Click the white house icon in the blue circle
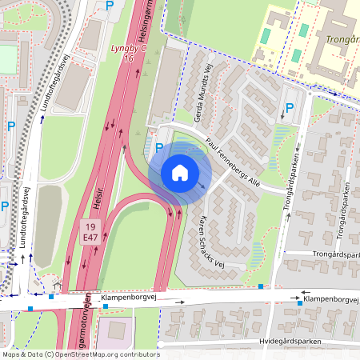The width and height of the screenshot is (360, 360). (x=180, y=173)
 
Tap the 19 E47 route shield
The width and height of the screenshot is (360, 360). (x=90, y=232)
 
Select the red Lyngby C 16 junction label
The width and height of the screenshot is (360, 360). (x=127, y=54)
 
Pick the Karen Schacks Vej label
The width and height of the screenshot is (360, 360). (x=213, y=242)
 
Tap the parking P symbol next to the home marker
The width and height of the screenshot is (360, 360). (x=159, y=148)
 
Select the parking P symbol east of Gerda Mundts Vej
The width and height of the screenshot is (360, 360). (x=290, y=108)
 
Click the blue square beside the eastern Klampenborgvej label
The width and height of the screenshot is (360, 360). (x=300, y=303)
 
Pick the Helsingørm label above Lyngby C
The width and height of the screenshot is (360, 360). (x=146, y=24)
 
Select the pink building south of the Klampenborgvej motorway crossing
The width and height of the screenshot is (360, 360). (x=116, y=328)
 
